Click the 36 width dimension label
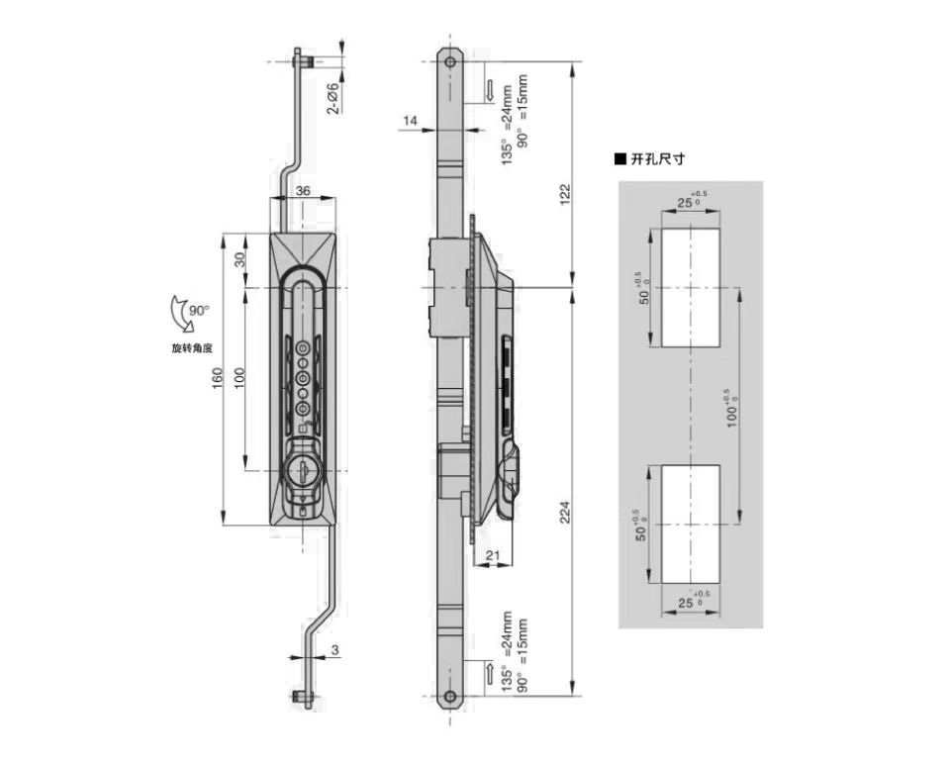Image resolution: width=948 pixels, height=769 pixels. point(303,191)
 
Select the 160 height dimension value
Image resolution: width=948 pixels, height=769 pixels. point(218,378)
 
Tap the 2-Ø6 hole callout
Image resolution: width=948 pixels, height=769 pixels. point(332,99)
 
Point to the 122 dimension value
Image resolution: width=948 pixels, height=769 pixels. point(565,195)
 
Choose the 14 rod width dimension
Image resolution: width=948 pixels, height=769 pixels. point(410,121)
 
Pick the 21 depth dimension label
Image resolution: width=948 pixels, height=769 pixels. point(493,555)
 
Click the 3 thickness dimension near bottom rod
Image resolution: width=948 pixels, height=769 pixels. point(334,650)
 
